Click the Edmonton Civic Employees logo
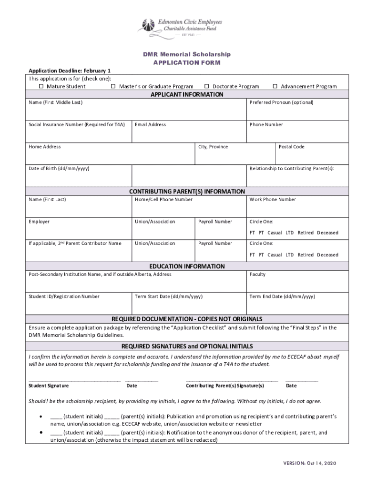[x=180, y=27]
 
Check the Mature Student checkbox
[x=41, y=86]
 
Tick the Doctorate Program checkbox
[x=207, y=86]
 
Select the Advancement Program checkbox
[x=275, y=86]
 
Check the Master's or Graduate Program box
[x=113, y=86]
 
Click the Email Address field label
[x=150, y=124]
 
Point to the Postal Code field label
[x=291, y=147]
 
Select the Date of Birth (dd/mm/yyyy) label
[x=59, y=169]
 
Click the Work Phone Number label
[x=272, y=199]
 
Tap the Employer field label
[x=39, y=222]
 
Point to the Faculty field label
[x=257, y=274]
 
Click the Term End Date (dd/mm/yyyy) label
[x=282, y=296]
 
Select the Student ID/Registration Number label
[x=64, y=296]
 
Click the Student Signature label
[x=49, y=386]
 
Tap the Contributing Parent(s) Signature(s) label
[x=224, y=386]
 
